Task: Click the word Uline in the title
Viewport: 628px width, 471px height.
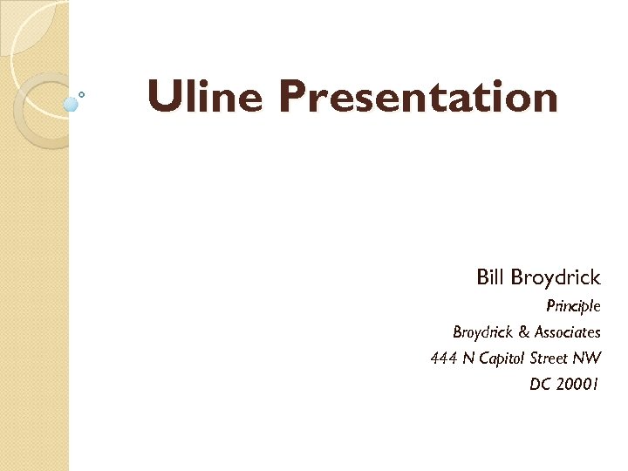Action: (x=204, y=97)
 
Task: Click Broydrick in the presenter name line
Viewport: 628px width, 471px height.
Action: (x=556, y=278)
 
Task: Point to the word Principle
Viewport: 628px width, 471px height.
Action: (x=573, y=306)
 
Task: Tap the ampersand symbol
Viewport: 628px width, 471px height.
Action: (x=523, y=332)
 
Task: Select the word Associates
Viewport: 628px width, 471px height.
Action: (x=567, y=332)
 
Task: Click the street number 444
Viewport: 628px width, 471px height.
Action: (x=443, y=358)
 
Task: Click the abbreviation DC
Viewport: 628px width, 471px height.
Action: (x=540, y=384)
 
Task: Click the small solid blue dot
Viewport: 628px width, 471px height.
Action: (x=72, y=104)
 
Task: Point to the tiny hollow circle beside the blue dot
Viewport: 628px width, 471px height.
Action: (x=82, y=94)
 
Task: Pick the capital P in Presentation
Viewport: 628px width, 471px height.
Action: (x=294, y=97)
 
